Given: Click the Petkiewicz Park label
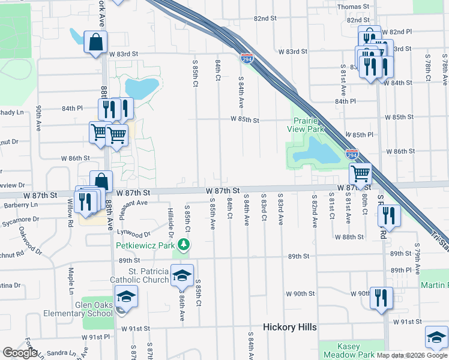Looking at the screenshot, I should point(145,245).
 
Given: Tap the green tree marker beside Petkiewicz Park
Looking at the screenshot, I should point(185,245).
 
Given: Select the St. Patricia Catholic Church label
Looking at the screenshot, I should point(139,275).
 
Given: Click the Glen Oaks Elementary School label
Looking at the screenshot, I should point(78,309).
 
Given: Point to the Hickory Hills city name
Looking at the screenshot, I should point(290,327).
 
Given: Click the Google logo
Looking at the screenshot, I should point(20,353).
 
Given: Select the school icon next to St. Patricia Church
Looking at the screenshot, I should point(182,275).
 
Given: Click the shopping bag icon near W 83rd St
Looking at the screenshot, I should point(95,43).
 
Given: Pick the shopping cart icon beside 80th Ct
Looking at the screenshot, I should point(360,174).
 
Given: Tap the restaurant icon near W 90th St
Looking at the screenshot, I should point(381,298).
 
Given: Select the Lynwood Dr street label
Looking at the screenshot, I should point(133,234).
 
